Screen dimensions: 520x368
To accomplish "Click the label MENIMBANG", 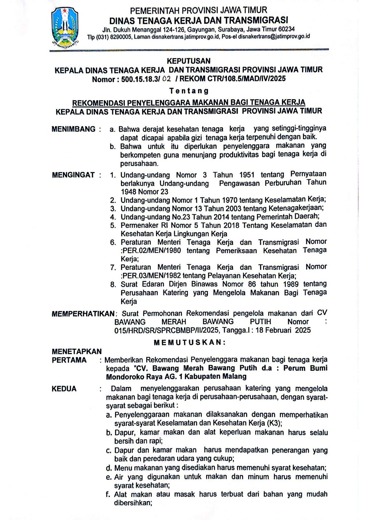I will click(x=74, y=129).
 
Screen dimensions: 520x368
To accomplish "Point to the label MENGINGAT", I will click(x=73, y=175).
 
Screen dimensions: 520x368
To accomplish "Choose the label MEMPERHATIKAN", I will click(x=83, y=314).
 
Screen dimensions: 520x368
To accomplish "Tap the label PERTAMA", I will click(x=69, y=360).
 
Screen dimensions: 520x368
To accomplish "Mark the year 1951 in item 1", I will click(x=247, y=175).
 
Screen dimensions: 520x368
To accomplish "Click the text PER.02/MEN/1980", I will click(x=151, y=251).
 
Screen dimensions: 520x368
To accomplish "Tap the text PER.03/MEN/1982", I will click(x=151, y=275).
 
